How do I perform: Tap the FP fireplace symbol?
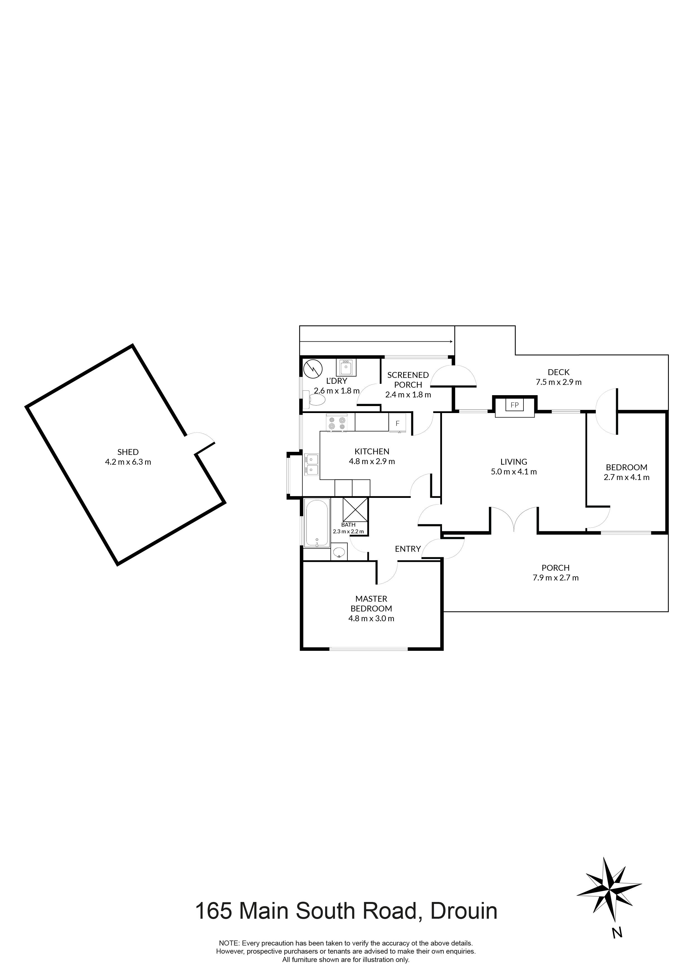click(x=515, y=405)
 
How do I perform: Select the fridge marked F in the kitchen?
click(x=397, y=423)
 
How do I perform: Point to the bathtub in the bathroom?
click(x=317, y=524)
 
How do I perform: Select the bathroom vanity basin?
click(x=339, y=553)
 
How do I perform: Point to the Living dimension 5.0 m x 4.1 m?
click(x=514, y=472)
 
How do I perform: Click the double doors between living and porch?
click(x=514, y=519)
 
